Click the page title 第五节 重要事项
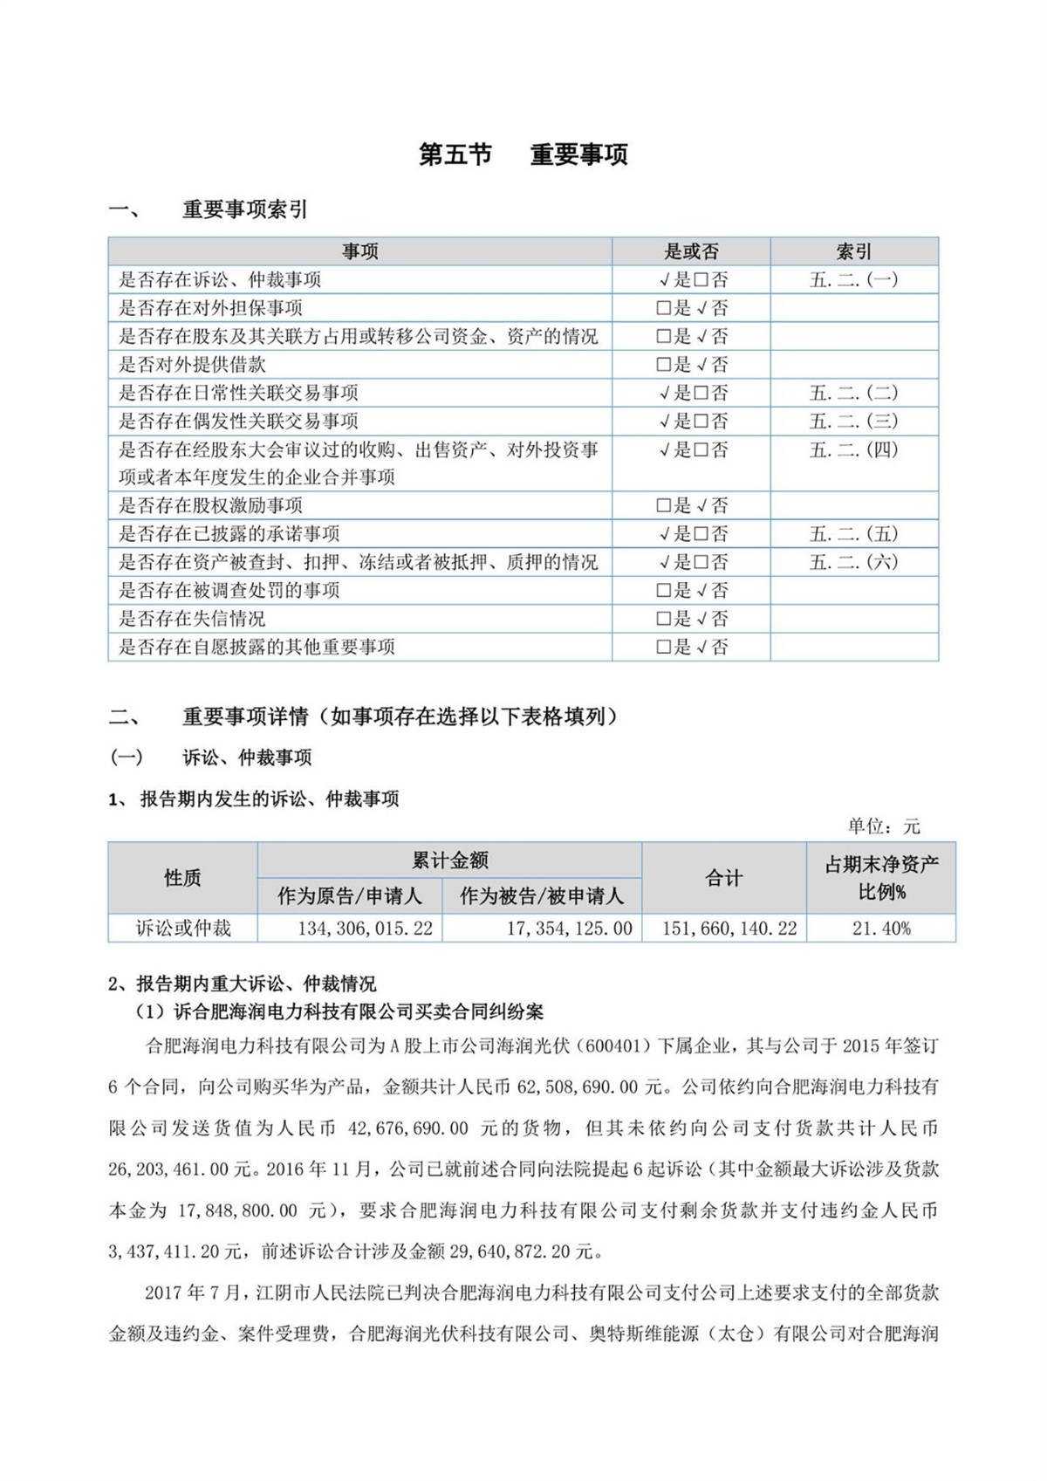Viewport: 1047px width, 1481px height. coord(523,155)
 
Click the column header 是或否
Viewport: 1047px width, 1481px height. coord(691,252)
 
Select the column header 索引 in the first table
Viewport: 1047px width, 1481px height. coord(853,252)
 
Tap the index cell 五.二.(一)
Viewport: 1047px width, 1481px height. coord(853,280)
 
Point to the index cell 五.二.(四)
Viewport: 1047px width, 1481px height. coord(853,450)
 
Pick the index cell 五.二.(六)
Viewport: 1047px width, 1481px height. coord(853,562)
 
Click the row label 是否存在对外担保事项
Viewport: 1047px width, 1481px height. coord(211,308)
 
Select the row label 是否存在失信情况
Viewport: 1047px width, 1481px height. coord(192,619)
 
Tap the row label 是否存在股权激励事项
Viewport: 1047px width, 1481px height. coord(211,505)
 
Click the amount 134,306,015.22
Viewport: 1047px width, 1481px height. coord(365,929)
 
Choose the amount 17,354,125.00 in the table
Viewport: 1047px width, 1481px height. coord(569,929)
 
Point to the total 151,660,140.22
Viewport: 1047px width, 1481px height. coord(729,929)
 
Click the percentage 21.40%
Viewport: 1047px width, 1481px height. coord(881,929)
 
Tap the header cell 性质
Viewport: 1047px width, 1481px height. coord(182,878)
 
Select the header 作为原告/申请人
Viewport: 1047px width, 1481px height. coord(349,896)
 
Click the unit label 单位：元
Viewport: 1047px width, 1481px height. coord(883,826)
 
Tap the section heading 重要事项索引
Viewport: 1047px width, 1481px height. coord(244,210)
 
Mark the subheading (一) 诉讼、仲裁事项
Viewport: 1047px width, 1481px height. coord(211,758)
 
